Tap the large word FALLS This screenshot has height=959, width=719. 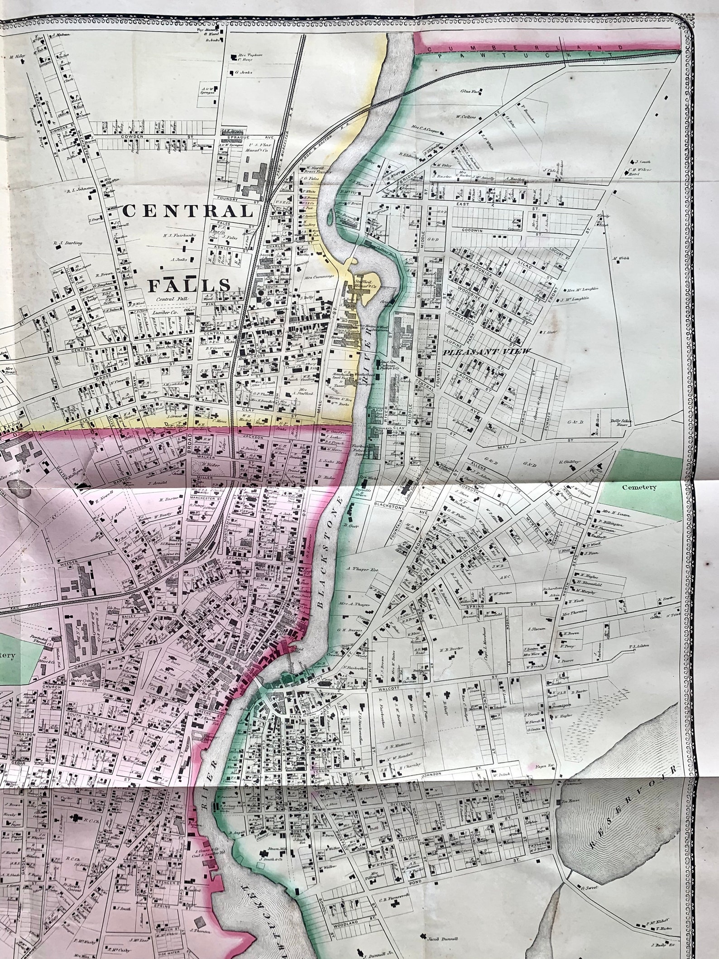tap(189, 285)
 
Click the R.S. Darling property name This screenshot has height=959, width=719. tap(68, 243)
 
